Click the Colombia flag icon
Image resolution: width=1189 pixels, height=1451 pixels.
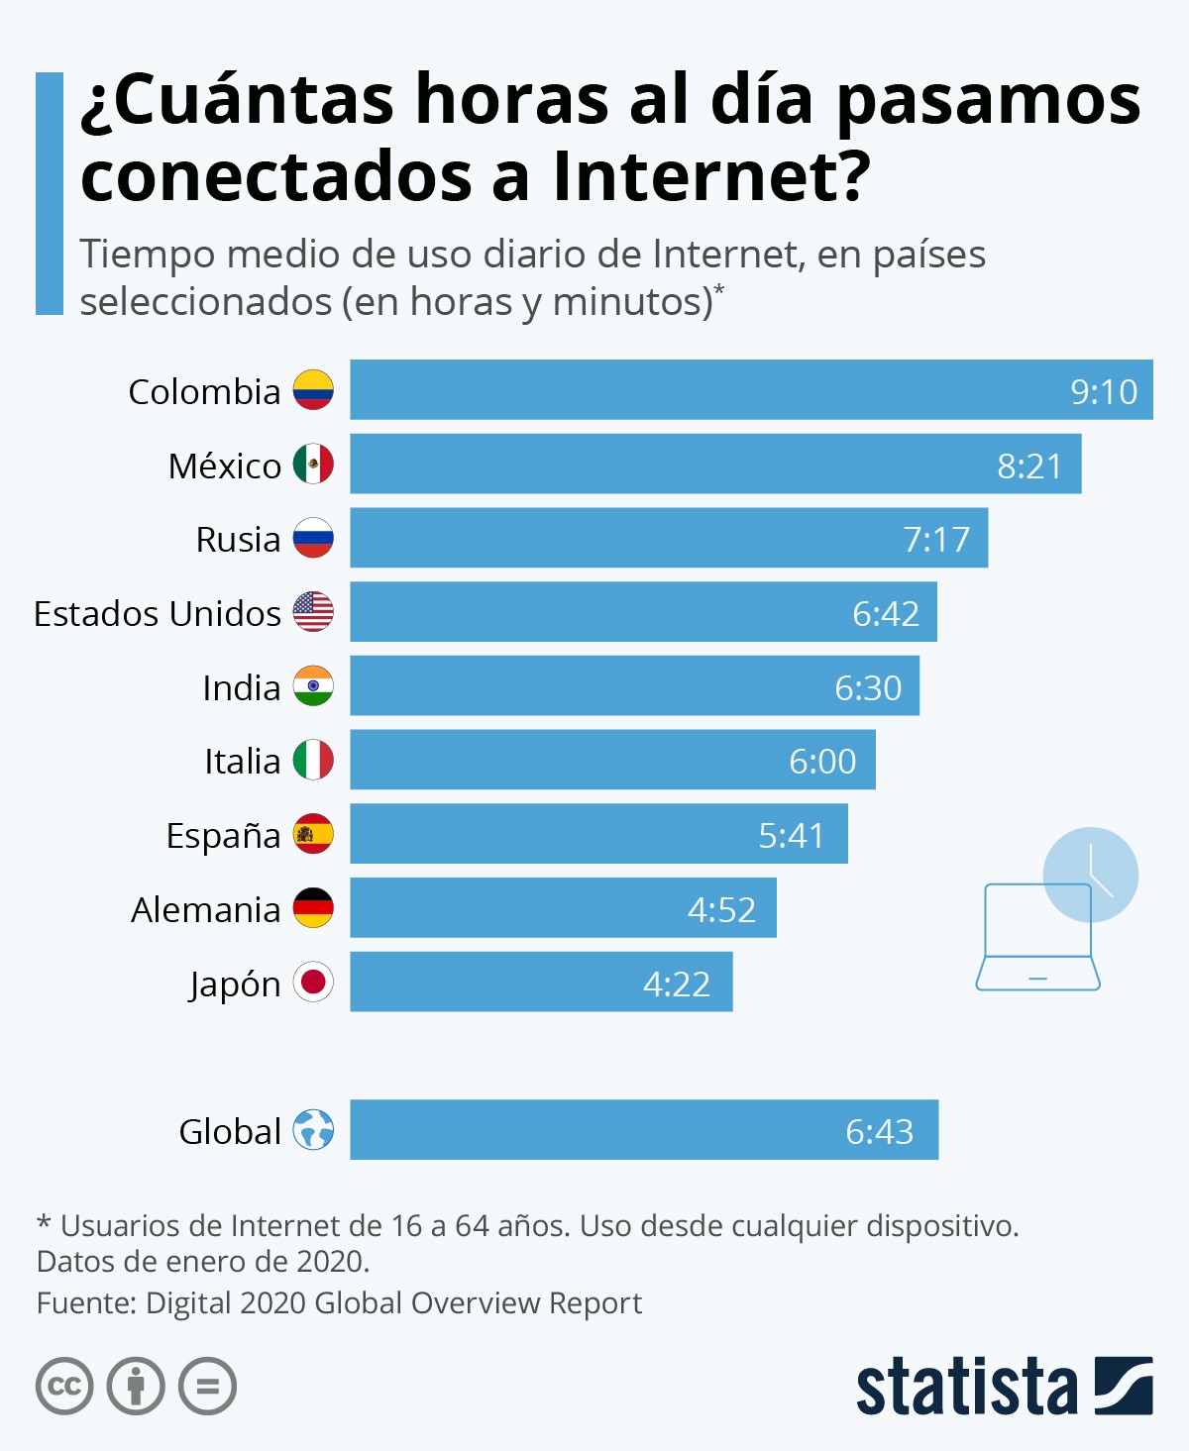tap(313, 390)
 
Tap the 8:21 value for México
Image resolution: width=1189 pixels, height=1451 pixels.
tap(1028, 466)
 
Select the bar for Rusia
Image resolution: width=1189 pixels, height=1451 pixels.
tap(669, 538)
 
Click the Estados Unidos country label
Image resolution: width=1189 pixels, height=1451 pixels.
tap(158, 613)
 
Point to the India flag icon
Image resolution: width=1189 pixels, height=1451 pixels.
tap(313, 686)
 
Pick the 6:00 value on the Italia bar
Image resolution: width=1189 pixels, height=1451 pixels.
tap(822, 761)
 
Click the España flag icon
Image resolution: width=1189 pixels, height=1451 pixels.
tap(313, 834)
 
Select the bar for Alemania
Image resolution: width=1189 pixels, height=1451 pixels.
tap(563, 908)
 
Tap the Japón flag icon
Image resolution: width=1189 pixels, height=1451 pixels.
tap(313, 983)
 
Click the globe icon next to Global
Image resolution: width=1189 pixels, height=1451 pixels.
tap(313, 1129)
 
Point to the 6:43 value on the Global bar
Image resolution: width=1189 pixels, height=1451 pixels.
tap(879, 1131)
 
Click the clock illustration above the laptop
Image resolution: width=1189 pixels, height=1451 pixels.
tap(1091, 874)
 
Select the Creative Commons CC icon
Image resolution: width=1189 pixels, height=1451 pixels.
tap(64, 1386)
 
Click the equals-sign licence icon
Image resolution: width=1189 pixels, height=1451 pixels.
tap(207, 1386)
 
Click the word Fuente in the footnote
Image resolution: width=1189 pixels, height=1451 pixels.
tap(83, 1303)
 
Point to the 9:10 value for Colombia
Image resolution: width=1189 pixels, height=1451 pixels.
tap(1103, 392)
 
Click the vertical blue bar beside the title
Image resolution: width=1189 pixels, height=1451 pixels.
tap(50, 193)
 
